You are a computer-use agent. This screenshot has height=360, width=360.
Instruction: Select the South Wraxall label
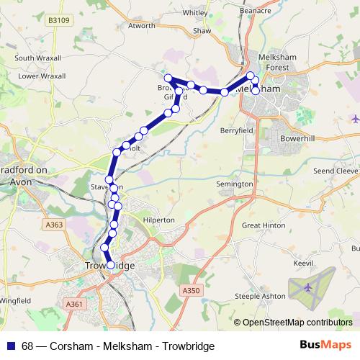pos(34,58)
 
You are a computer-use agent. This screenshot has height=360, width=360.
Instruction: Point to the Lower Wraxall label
pos(41,76)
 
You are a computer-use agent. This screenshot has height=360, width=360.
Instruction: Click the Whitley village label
pos(194,12)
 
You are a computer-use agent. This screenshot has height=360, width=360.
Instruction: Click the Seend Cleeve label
pos(335,171)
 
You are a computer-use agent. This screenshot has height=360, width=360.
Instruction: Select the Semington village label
pos(235,184)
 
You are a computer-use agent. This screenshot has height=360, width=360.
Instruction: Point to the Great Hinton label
pos(264,225)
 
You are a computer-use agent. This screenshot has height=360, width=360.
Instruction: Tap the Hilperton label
pos(158,220)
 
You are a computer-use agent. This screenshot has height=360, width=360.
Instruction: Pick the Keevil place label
pos(303,264)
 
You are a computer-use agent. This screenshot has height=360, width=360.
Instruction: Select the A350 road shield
pos(190,289)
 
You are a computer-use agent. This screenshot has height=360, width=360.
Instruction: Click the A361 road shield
pos(75,304)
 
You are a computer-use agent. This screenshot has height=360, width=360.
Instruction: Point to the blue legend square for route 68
pos(11,346)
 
